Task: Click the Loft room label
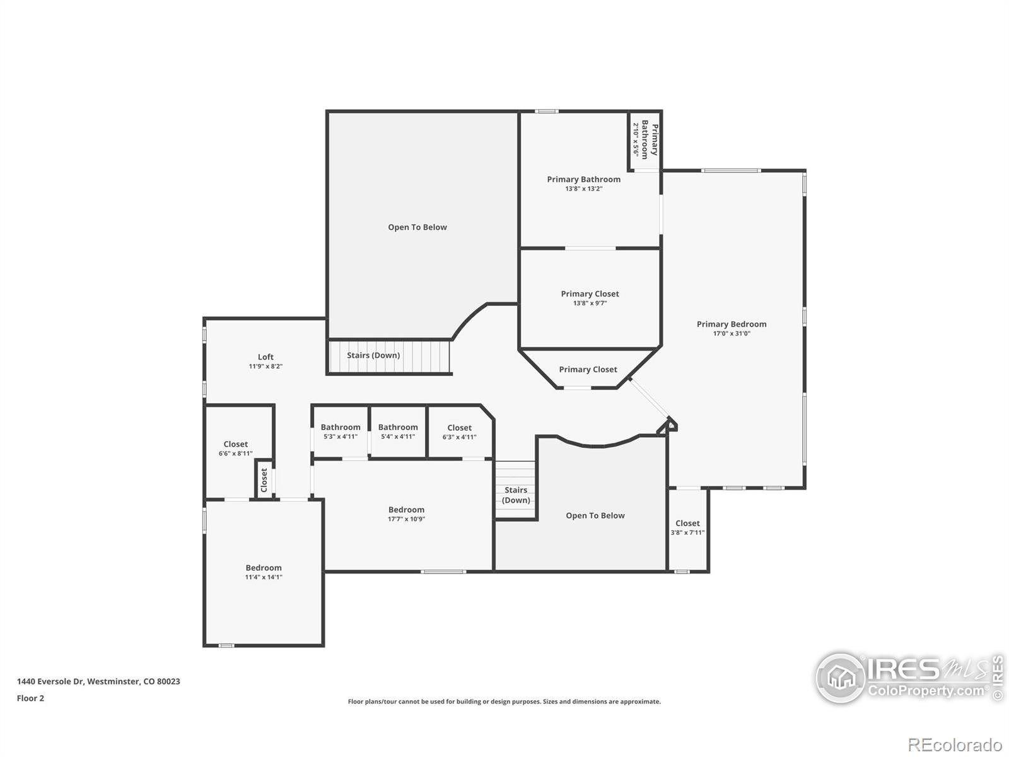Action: pyautogui.click(x=265, y=357)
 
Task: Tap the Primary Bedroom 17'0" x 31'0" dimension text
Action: pyautogui.click(x=732, y=334)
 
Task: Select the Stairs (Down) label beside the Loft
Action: pyautogui.click(x=373, y=355)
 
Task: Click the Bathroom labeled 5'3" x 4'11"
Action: pyautogui.click(x=341, y=431)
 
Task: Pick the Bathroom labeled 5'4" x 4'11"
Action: pyautogui.click(x=398, y=431)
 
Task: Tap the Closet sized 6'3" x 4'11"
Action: pyautogui.click(x=459, y=432)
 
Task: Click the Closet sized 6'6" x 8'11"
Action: pyautogui.click(x=236, y=449)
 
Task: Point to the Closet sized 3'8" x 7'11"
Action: pyautogui.click(x=687, y=527)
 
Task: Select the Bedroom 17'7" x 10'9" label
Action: pyautogui.click(x=406, y=513)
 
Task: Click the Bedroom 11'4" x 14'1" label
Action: pyautogui.click(x=264, y=572)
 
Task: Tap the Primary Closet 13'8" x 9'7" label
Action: pyautogui.click(x=590, y=298)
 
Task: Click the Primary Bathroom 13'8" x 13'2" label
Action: pyautogui.click(x=583, y=184)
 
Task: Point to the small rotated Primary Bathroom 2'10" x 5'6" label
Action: pyautogui.click(x=645, y=140)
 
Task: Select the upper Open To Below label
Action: pyautogui.click(x=417, y=227)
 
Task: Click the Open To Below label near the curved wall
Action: pyautogui.click(x=595, y=515)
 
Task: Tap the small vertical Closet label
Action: pyautogui.click(x=264, y=480)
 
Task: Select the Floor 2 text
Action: pyautogui.click(x=30, y=698)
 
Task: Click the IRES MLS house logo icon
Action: pyautogui.click(x=841, y=678)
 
